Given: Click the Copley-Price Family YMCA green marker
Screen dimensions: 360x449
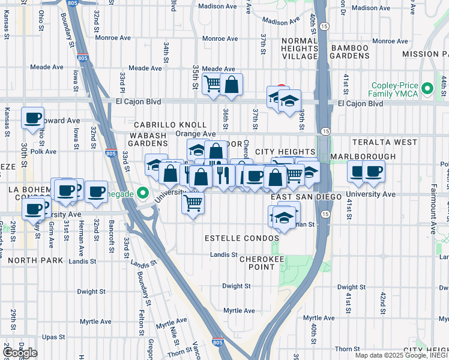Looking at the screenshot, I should pyautogui.click(x=427, y=89).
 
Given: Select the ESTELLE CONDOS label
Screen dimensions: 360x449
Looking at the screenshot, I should pyautogui.click(x=242, y=238).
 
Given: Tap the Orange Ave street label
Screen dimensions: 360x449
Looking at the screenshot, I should pyautogui.click(x=196, y=134).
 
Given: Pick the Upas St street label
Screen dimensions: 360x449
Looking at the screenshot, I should pyautogui.click(x=53, y=337).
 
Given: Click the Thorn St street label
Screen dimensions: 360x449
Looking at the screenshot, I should pyautogui.click(x=347, y=349).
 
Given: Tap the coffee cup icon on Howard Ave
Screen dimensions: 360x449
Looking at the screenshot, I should pyautogui.click(x=32, y=118).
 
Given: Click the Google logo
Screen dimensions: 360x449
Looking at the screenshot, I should pyautogui.click(x=20, y=353).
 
